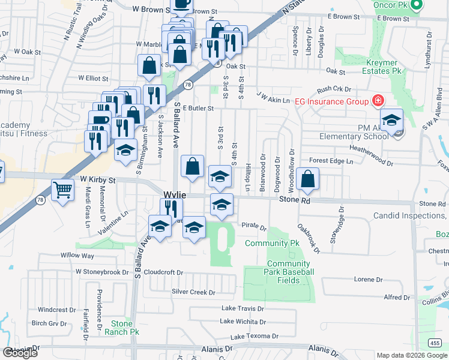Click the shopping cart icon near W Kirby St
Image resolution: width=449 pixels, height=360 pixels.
tap(63, 191)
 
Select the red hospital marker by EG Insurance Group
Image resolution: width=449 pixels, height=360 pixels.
tap(378, 101)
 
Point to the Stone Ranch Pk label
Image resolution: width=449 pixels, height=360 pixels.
tap(122, 327)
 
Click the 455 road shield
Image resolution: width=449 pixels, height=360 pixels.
tap(435, 343)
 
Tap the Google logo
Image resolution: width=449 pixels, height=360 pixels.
tap(20, 353)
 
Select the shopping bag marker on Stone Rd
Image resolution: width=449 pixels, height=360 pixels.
tap(307, 179)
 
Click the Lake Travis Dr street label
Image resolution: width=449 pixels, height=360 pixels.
tap(243, 308)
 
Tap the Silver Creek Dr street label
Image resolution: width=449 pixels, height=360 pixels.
tap(193, 292)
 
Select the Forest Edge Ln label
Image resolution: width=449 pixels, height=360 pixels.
tap(331, 161)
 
